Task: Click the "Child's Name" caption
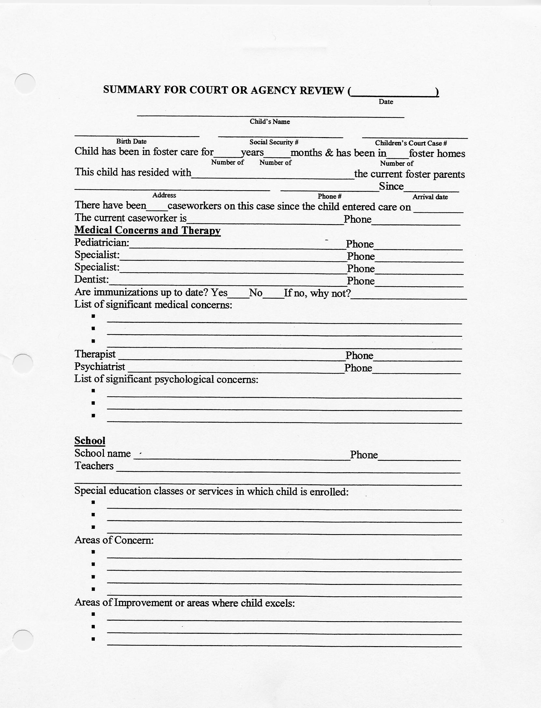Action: [x=270, y=122]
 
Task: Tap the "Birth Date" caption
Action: [x=131, y=141]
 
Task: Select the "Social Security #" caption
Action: [x=274, y=142]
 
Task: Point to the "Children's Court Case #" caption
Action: [x=411, y=143]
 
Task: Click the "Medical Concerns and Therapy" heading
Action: [x=148, y=230]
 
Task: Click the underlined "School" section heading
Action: [x=90, y=441]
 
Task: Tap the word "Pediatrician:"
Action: [x=102, y=242]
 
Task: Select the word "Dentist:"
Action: [x=92, y=279]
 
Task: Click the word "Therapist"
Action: [x=95, y=354]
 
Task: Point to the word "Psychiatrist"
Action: [x=100, y=367]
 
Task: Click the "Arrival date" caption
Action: [x=430, y=197]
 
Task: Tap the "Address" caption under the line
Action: [x=164, y=195]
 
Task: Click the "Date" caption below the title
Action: [x=386, y=102]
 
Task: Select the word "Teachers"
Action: [x=94, y=466]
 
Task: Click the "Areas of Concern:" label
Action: [x=114, y=540]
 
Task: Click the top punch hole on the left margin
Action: [x=25, y=84]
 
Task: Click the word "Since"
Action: [x=391, y=186]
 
